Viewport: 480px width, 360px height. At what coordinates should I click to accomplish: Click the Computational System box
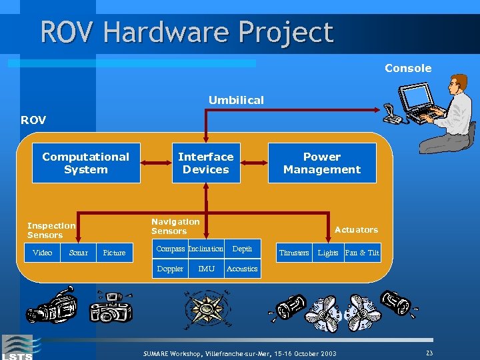86,163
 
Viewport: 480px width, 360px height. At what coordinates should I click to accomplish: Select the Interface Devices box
205,163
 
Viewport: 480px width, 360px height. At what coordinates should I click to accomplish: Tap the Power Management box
322,163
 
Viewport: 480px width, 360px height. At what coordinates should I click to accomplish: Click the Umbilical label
236,100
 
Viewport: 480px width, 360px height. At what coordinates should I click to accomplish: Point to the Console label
408,68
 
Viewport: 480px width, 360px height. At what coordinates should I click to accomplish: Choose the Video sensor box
43,253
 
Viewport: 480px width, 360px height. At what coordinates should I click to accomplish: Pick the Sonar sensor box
78,253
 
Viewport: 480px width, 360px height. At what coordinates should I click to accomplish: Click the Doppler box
170,269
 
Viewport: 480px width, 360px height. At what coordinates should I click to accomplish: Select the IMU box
206,269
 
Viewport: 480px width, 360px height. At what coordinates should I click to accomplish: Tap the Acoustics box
242,269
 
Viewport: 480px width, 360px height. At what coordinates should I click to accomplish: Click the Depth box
242,249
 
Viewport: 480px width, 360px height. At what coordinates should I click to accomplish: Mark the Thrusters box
294,253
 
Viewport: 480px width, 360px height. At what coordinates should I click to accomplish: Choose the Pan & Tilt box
362,253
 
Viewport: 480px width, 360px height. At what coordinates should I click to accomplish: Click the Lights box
328,253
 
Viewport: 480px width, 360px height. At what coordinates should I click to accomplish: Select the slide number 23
429,353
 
